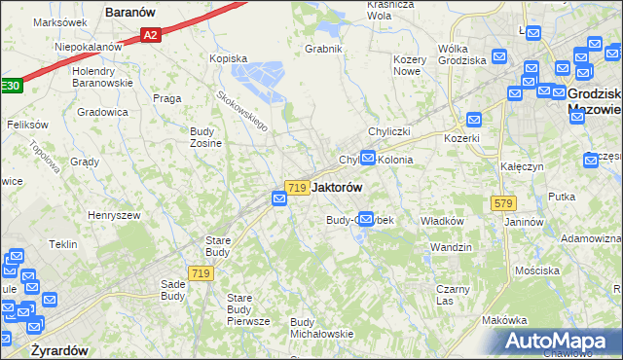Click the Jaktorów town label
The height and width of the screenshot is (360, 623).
(x=337, y=187)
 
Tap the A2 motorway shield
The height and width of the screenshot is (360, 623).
(x=149, y=36)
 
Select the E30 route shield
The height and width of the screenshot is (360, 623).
(x=9, y=86)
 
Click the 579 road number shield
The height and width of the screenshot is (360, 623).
(x=503, y=203)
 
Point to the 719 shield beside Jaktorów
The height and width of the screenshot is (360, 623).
(x=298, y=187)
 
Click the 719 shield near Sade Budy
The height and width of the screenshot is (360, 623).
(x=202, y=274)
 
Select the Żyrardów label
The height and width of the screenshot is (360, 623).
(x=59, y=349)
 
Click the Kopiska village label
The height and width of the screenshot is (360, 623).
(x=230, y=58)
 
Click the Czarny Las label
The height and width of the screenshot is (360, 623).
(x=454, y=294)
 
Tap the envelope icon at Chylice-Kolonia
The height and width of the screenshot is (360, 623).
(x=368, y=156)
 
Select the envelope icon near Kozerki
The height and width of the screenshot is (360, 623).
(x=474, y=120)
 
